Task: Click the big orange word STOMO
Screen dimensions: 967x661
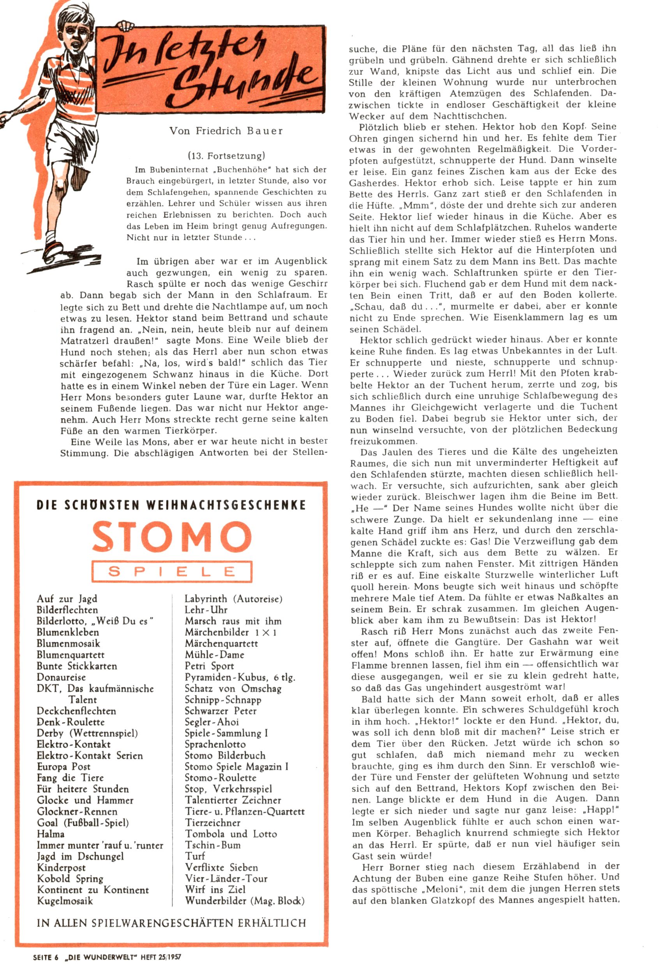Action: pyautogui.click(x=171, y=537)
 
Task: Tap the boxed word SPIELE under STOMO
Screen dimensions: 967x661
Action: pyautogui.click(x=171, y=571)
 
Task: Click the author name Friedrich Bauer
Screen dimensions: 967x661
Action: pyautogui.click(x=226, y=131)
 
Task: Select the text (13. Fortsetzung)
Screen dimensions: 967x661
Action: pyautogui.click(x=226, y=156)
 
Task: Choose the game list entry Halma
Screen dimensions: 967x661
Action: pyautogui.click(x=50, y=833)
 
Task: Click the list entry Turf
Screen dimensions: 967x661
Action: pyautogui.click(x=195, y=856)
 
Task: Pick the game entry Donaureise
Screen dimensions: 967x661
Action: pyautogui.click(x=61, y=677)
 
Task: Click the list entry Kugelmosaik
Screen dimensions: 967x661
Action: pyautogui.click(x=65, y=901)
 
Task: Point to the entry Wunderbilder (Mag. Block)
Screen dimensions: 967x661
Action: pyautogui.click(x=245, y=901)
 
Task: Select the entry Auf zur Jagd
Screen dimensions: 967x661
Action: pyautogui.click(x=67, y=599)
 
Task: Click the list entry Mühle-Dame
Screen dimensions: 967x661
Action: pyautogui.click(x=214, y=655)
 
